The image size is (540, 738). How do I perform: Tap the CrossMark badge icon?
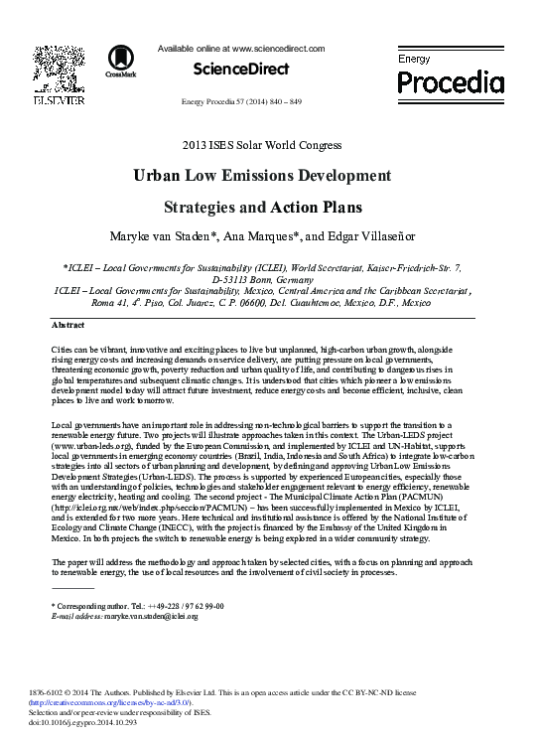pos(123,62)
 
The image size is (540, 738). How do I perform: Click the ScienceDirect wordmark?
pos(241,69)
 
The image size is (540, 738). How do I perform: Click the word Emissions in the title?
pos(260,177)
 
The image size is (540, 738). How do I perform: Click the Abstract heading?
pos(67,326)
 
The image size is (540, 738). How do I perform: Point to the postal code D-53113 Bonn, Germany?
pos(269,281)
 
